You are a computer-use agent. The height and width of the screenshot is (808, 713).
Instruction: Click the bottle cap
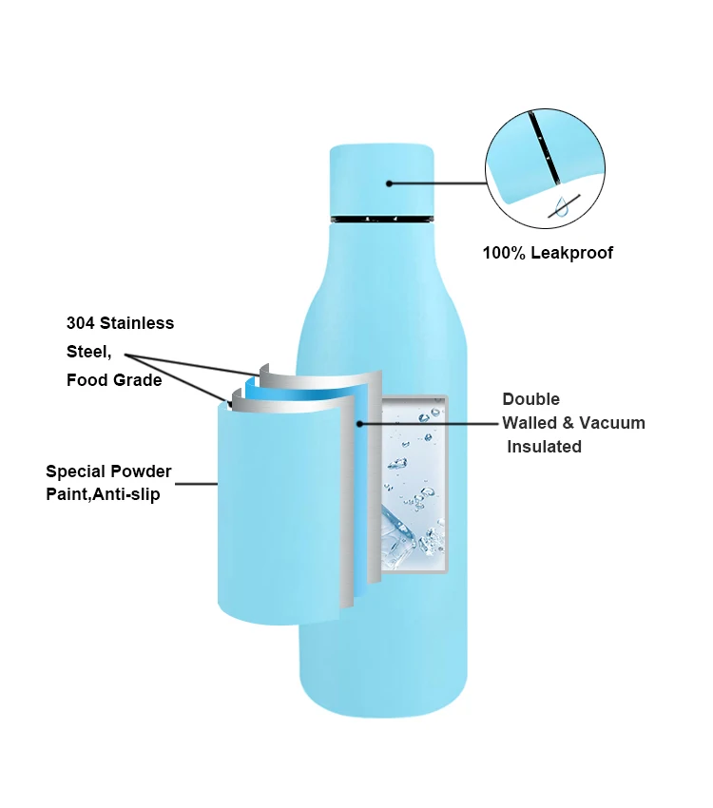point(381,181)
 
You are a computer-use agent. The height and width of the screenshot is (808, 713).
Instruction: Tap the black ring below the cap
point(381,220)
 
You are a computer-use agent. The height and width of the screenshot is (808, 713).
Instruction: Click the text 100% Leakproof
point(548,253)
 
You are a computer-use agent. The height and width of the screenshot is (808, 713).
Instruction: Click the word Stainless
point(139,323)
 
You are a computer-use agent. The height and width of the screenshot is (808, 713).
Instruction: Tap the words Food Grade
point(114,380)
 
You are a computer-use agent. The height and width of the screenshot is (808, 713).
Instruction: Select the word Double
point(531,399)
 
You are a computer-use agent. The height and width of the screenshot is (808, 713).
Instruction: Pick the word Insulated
point(544,447)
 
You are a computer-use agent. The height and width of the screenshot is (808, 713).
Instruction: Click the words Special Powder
point(108,471)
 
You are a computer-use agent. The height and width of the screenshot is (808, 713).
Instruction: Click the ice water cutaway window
point(414,485)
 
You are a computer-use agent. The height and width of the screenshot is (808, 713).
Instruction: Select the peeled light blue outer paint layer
point(276,513)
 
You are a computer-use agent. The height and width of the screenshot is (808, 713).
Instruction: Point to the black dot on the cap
point(389,183)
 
